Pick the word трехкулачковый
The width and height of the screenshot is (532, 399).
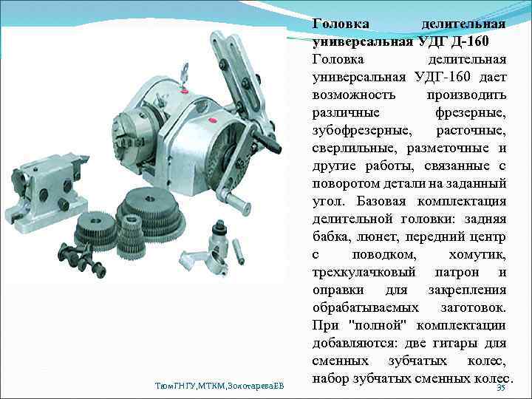[x=363, y=272]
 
